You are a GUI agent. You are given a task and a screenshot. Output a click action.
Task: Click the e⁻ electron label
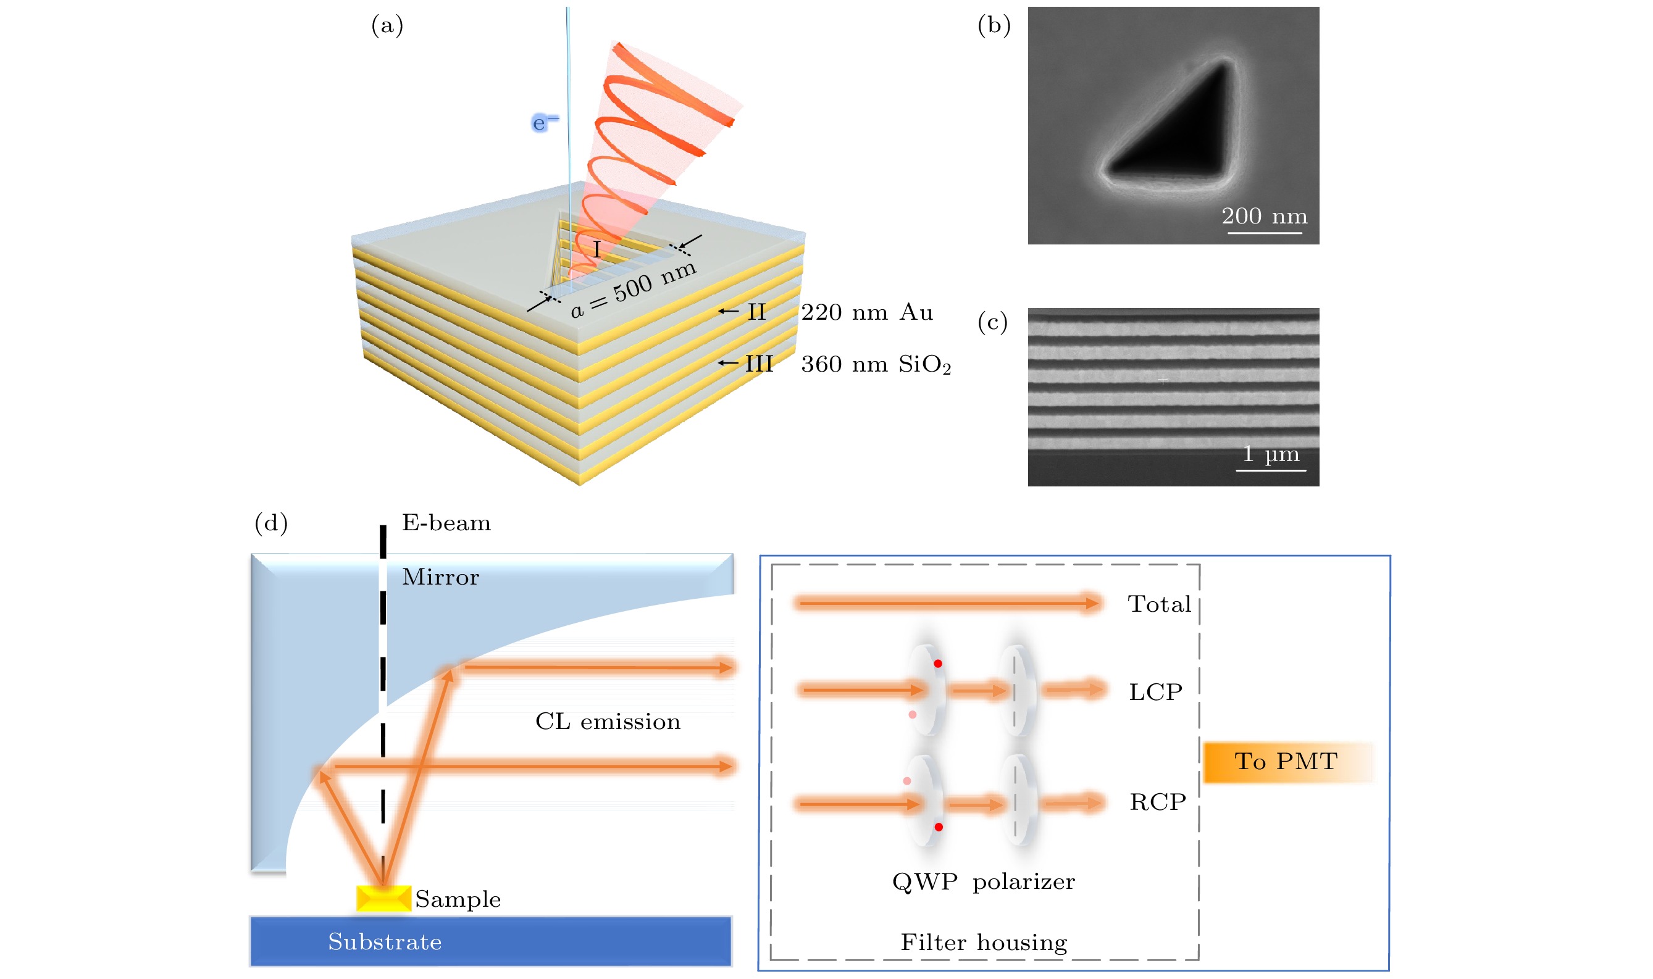pos(545,123)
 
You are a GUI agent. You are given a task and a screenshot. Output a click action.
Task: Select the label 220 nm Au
pos(866,312)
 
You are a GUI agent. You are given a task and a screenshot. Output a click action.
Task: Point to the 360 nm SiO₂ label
pos(876,364)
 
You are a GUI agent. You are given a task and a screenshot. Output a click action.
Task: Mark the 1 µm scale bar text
pos(1271,454)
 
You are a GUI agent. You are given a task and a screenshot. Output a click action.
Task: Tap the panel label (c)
pos(992,322)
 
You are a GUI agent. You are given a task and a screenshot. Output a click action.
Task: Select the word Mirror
pos(440,577)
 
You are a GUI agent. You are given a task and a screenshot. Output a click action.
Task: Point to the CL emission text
pos(607,722)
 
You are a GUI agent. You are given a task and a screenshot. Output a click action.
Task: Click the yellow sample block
pos(383,899)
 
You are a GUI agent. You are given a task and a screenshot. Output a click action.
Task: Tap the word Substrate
pos(385,941)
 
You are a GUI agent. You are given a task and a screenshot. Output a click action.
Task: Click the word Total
pos(1159,604)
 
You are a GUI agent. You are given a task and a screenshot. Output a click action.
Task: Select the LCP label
pos(1155,692)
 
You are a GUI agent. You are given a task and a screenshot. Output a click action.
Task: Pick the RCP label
pos(1157,802)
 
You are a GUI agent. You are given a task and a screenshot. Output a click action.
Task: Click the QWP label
pos(924,881)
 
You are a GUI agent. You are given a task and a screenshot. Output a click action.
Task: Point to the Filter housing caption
pos(983,942)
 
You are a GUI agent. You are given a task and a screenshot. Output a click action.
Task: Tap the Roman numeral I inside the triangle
pos(596,249)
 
